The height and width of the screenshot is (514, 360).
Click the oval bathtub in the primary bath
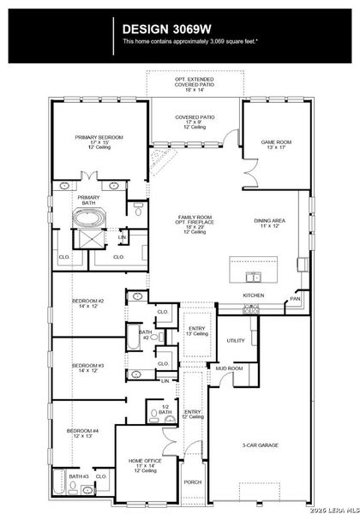tap(89, 218)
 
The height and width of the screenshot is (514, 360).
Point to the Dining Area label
tap(271, 223)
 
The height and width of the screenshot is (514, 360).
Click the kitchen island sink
tap(251, 277)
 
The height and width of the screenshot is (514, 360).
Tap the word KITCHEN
tap(254, 296)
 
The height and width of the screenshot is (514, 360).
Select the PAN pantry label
tap(295, 300)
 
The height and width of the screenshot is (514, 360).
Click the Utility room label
tap(237, 340)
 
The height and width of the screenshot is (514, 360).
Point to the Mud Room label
tap(229, 368)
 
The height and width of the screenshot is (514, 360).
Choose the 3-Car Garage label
tap(259, 445)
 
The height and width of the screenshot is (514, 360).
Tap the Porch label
tap(193, 482)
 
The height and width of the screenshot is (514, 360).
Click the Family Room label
tap(198, 221)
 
